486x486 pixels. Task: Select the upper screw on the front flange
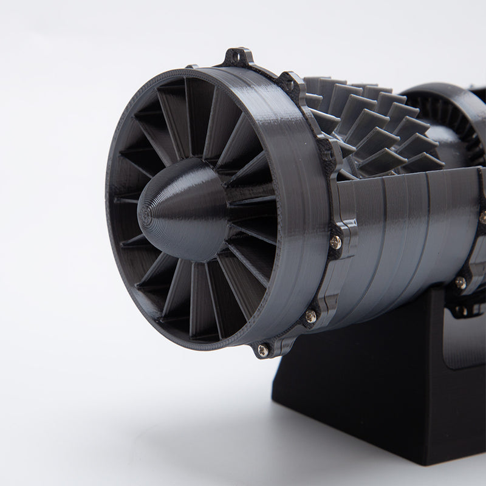tap(335, 242)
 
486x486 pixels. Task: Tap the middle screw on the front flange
tap(310, 316)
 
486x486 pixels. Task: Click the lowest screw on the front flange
tap(262, 350)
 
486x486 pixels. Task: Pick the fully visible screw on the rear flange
tap(460, 282)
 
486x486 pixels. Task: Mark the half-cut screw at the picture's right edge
tap(483, 216)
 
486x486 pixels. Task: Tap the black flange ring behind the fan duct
tap(331, 182)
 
